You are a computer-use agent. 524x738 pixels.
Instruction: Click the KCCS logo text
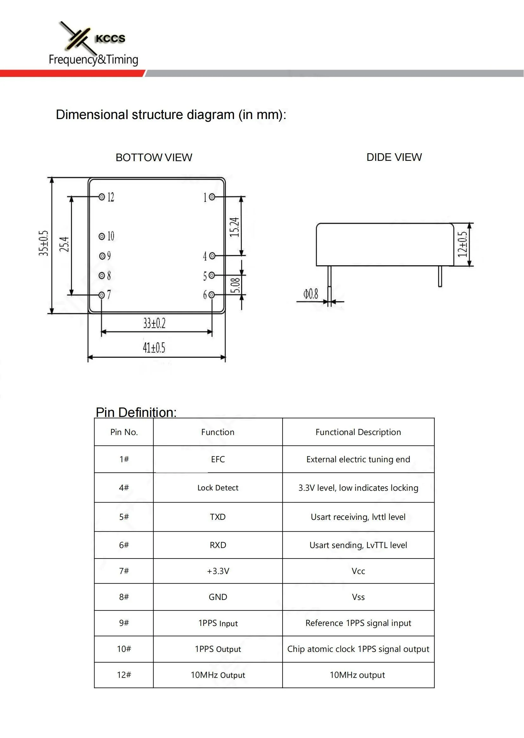coord(110,39)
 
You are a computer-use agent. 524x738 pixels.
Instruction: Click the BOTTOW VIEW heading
coord(154,157)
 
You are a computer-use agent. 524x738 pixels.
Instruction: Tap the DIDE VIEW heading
coord(394,157)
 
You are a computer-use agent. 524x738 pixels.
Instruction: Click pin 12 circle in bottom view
coord(102,197)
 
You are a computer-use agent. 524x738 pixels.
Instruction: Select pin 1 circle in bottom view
coord(212,197)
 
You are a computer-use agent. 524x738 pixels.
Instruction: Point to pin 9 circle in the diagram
coord(102,256)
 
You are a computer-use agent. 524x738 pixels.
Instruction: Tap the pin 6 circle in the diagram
coord(212,295)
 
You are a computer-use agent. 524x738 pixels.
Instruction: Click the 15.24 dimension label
coord(234,227)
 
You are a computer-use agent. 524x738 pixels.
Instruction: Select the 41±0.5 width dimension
coord(154,348)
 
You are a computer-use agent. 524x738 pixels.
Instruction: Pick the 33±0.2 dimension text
coord(154,323)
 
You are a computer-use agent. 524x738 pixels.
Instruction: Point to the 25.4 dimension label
coord(64,244)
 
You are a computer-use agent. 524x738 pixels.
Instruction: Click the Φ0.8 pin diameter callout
coord(310,294)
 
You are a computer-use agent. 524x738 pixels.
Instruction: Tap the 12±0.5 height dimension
coord(462,244)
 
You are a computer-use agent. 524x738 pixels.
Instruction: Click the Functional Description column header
coord(358,432)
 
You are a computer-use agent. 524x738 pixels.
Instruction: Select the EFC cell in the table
coord(218,459)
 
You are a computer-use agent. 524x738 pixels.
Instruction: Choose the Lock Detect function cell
coord(218,488)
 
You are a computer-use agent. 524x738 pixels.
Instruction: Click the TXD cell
coord(218,517)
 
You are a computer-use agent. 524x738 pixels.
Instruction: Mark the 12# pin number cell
coord(124,675)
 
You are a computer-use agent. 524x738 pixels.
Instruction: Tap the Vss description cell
coord(358,597)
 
